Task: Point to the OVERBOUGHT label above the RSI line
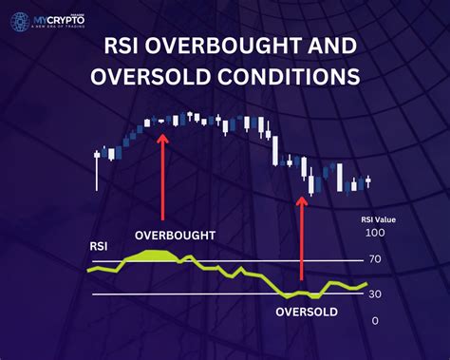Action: click(x=175, y=235)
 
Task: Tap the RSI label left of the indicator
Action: click(x=99, y=247)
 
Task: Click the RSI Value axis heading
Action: click(x=378, y=218)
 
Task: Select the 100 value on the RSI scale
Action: click(x=377, y=233)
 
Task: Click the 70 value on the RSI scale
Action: click(x=375, y=258)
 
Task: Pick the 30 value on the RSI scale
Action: click(x=375, y=294)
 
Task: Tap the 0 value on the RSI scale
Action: click(x=375, y=321)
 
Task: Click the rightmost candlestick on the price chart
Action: click(x=368, y=180)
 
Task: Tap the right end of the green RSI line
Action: click(x=366, y=283)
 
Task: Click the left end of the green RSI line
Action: click(x=88, y=270)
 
